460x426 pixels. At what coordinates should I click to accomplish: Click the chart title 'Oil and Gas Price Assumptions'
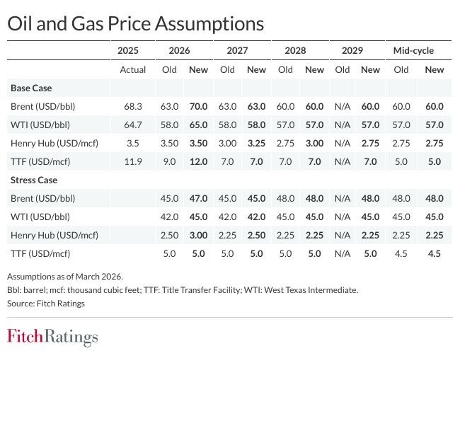pos(135,23)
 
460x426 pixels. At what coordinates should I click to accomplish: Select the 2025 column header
pos(128,51)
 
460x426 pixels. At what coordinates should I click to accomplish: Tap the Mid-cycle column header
pos(413,51)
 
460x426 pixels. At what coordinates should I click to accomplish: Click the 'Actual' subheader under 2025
pos(132,69)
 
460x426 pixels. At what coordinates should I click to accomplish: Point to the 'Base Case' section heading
pos(31,88)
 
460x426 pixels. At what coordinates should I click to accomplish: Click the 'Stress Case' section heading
pos(34,180)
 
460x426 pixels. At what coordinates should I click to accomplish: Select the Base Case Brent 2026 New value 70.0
pos(199,106)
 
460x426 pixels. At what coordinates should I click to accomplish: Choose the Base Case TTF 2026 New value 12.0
pos(199,161)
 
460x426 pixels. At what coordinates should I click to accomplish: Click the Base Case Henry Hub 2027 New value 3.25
pos(256,143)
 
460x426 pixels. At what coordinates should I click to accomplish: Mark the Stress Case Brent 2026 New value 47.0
pos(199,198)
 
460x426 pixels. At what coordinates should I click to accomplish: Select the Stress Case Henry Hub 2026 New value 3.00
pos(199,235)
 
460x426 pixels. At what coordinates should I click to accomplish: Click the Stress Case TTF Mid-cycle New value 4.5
pos(435,253)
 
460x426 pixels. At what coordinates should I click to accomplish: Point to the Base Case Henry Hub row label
pos(54,143)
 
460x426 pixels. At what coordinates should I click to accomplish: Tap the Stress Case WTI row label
pos(40,217)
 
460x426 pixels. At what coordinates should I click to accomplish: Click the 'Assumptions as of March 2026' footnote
pos(64,277)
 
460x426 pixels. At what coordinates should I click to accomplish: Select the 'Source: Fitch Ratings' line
pos(46,303)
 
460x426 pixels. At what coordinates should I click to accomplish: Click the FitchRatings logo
pos(52,337)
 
